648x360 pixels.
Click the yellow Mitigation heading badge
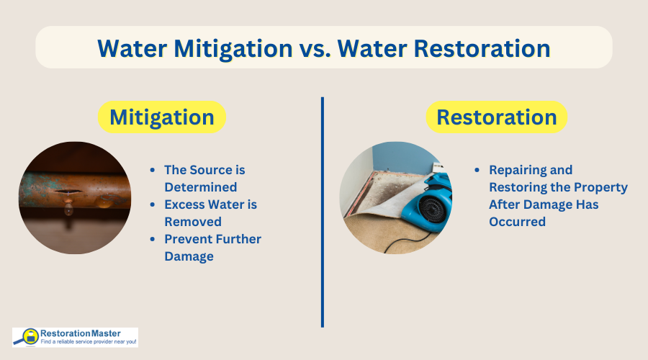[x=161, y=117]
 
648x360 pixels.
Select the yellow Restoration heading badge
[x=496, y=117]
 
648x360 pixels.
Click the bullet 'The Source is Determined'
[x=204, y=179]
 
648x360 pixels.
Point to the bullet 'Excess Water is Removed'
[x=210, y=213]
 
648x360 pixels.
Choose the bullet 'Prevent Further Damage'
[x=212, y=248]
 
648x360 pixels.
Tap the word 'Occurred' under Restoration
[x=517, y=222]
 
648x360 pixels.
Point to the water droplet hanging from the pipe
[x=68, y=210]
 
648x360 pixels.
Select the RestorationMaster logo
[x=75, y=337]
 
